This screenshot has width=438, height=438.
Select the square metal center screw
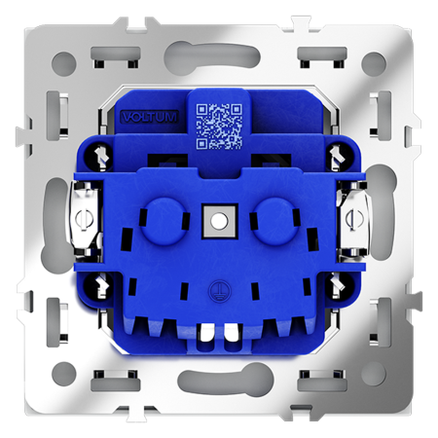tap(219, 219)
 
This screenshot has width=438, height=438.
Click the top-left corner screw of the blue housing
tap(100, 152)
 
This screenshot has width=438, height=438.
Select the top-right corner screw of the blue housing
tap(338, 152)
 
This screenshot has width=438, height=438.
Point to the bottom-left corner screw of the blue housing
tap(100, 284)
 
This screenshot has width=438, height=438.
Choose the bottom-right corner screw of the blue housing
tap(338, 284)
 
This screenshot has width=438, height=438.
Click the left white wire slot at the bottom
tap(205, 336)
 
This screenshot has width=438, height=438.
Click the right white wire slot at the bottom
tap(232, 336)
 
